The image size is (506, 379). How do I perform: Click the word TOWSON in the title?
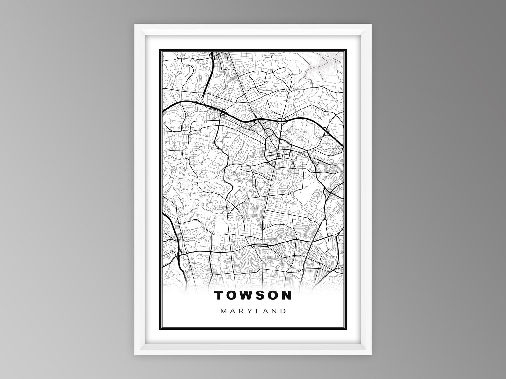[253, 295]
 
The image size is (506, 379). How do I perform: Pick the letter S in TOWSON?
[261, 295]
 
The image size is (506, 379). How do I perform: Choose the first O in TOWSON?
[233, 295]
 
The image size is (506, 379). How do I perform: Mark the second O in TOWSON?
[274, 295]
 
